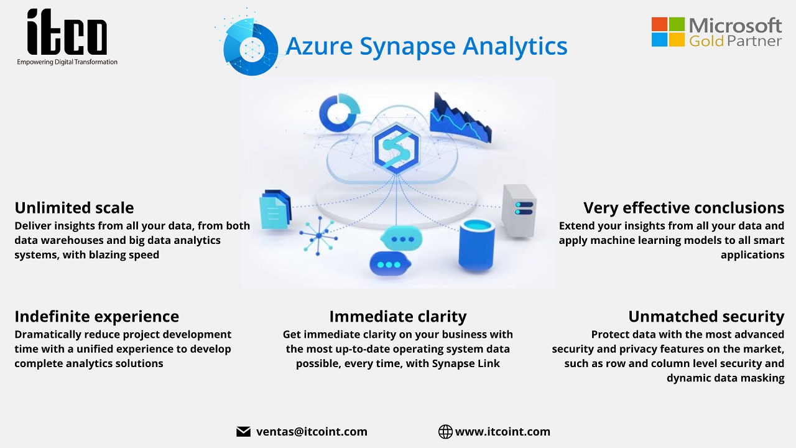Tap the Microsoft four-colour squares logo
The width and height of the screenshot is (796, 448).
667,32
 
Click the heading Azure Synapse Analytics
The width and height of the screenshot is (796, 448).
426,46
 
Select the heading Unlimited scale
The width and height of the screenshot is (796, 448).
74,207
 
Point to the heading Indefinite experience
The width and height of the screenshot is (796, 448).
96,316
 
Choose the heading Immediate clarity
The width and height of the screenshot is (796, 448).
398,316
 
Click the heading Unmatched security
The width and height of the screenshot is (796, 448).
706,316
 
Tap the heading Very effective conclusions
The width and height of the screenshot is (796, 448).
683,207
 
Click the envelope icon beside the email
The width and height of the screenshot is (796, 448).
243,432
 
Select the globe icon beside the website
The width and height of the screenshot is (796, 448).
445,432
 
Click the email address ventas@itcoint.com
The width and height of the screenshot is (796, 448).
312,432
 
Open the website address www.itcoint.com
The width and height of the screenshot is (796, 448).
502,432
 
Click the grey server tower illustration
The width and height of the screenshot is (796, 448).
519,210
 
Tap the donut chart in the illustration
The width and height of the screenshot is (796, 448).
340,113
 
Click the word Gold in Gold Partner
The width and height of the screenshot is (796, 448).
703,41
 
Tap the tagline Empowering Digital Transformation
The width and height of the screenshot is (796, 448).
67,62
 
